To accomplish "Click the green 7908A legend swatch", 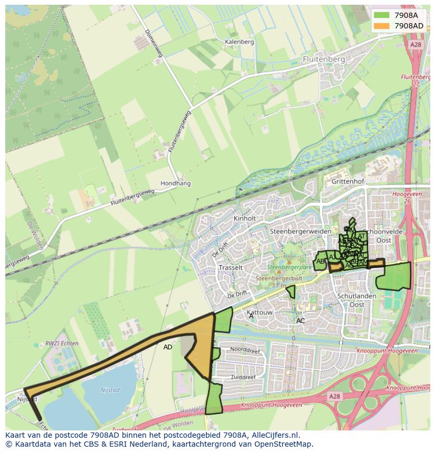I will [x=382, y=15].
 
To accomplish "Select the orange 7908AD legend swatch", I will [x=382, y=26].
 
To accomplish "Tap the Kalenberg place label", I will [x=239, y=42].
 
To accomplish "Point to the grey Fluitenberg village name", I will [x=324, y=59].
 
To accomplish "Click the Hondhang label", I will [x=175, y=184].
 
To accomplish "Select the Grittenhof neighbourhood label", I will [x=348, y=181].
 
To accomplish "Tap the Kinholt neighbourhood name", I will [x=245, y=218].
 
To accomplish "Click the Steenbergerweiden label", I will [x=301, y=231].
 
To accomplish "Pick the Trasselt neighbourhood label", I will [x=231, y=267].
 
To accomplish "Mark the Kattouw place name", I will [x=260, y=313].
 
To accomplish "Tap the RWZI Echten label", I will [x=62, y=344].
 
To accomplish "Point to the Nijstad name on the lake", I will [x=109, y=390].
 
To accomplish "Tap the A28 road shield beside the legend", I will [x=416, y=45].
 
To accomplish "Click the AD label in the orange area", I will [x=168, y=347].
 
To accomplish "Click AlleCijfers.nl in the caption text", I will [x=274, y=436].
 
